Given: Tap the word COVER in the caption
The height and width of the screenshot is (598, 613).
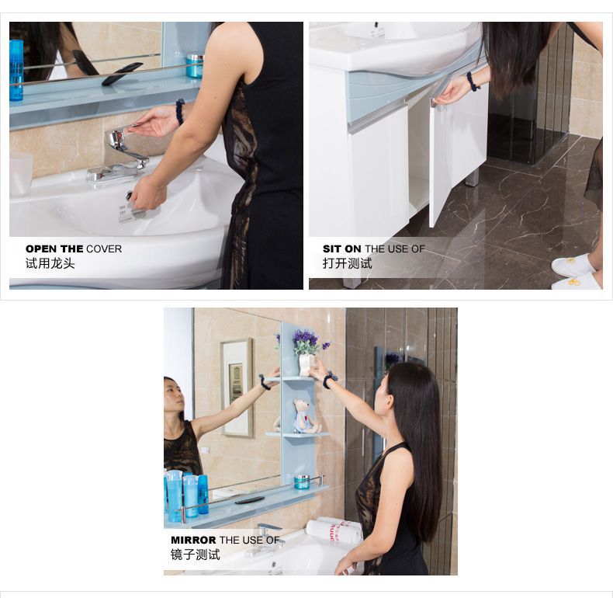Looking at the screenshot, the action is [x=104, y=249].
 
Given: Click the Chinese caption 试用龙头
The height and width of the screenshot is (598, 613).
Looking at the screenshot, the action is [x=50, y=263].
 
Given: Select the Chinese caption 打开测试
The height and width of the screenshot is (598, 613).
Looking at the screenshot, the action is [x=347, y=263].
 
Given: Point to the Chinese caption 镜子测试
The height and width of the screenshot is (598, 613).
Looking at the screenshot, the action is [x=195, y=555].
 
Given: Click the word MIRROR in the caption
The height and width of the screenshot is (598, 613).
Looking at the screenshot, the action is [x=193, y=540].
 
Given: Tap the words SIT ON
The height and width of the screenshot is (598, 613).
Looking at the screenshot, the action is [x=341, y=249].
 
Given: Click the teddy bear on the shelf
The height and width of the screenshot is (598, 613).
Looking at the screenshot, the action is [x=303, y=416].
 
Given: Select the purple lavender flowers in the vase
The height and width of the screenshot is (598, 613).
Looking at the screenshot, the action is [x=306, y=341].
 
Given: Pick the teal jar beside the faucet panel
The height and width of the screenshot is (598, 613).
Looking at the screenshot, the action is [x=194, y=64].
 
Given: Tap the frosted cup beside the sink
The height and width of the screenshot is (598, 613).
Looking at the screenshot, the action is [x=22, y=173].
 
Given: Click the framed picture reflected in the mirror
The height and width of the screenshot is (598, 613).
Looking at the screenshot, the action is [x=237, y=388].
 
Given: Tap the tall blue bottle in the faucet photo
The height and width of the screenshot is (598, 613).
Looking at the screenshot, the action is [x=16, y=71].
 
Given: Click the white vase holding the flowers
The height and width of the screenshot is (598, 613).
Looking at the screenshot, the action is [x=305, y=365].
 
